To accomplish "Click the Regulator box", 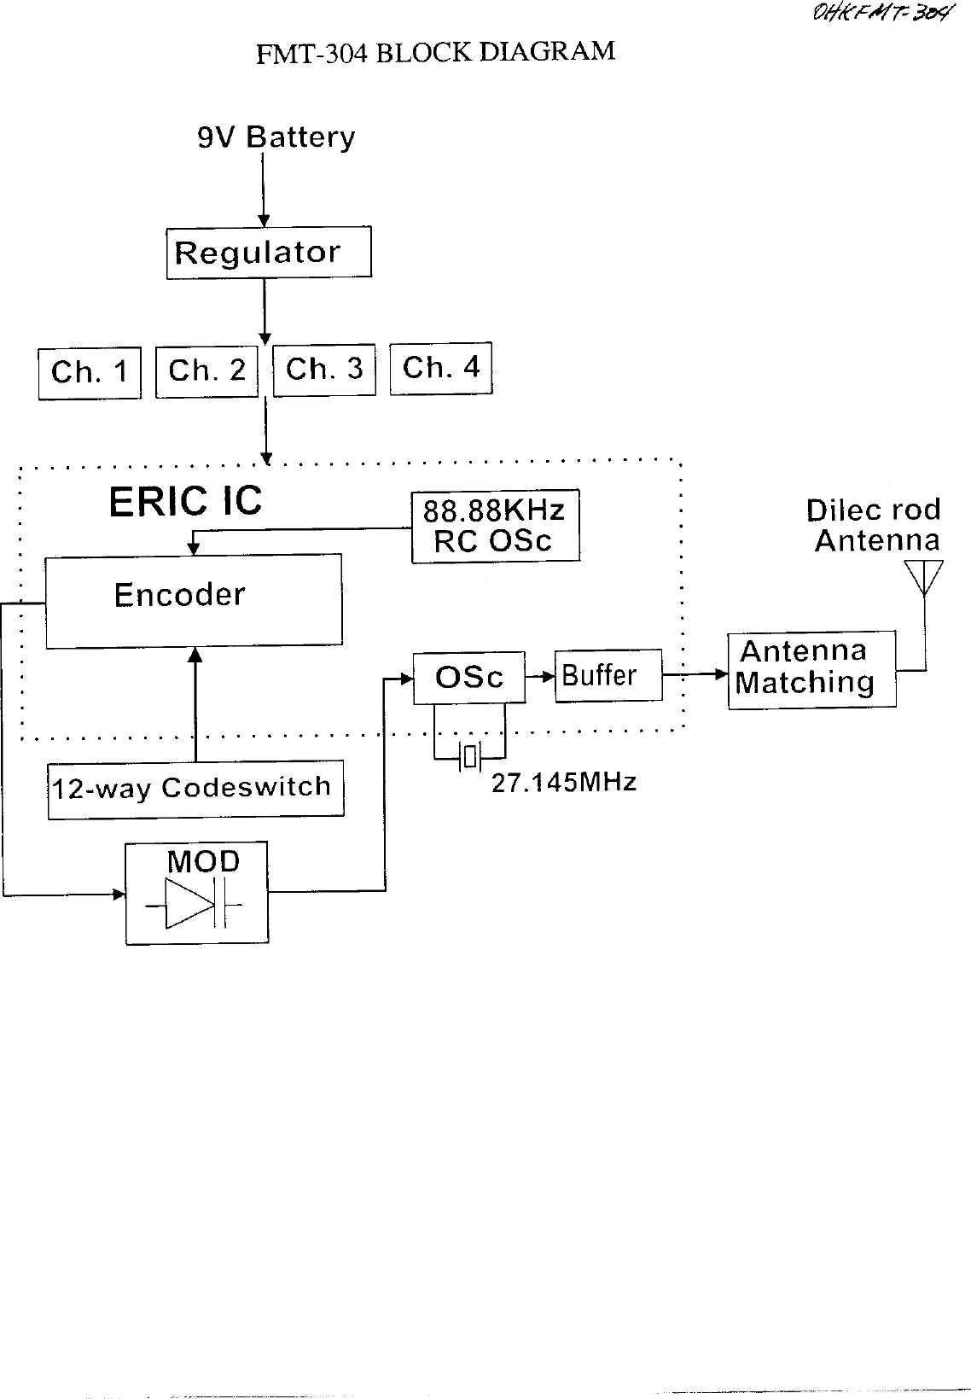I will pos(268,253).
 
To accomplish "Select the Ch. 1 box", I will pos(90,373).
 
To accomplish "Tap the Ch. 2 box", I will pos(206,371).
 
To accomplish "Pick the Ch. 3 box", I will pos(324,370).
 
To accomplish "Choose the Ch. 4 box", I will pos(441,368).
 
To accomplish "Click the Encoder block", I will pos(194,601).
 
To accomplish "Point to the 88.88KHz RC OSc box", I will pos(495,526).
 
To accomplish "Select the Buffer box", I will pos(608,676).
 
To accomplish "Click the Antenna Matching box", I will pos(811,669).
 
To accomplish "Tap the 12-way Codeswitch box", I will pos(195,789).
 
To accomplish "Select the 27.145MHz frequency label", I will pos(564,783).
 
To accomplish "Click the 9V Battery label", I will pos(276,137).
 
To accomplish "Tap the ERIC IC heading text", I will pos(185,502).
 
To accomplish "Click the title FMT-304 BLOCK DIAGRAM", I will pos(435,53).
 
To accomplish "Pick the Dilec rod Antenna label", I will pos(875,525).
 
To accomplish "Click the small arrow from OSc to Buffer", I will pos(540,677).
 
